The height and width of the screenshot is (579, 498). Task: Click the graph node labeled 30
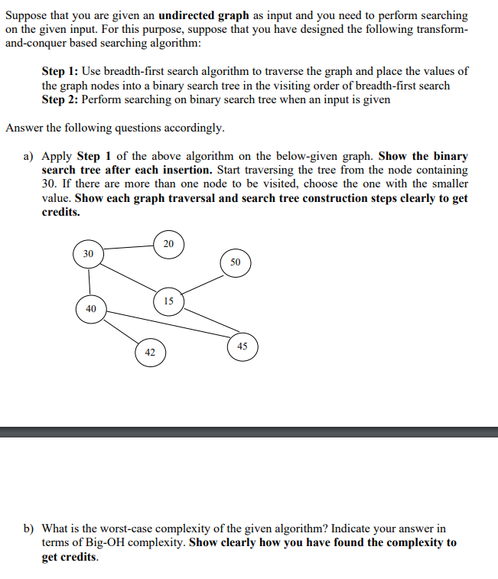point(89,253)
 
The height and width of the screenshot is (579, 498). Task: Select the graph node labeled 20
point(168,244)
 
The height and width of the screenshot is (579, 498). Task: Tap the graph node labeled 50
point(235,262)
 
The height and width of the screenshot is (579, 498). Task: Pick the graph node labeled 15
point(168,301)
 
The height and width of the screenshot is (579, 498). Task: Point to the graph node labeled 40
point(91,309)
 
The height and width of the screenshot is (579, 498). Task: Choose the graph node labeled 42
point(150,353)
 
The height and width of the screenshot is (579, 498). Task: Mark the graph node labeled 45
point(242,346)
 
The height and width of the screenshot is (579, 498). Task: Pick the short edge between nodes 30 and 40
point(90,281)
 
